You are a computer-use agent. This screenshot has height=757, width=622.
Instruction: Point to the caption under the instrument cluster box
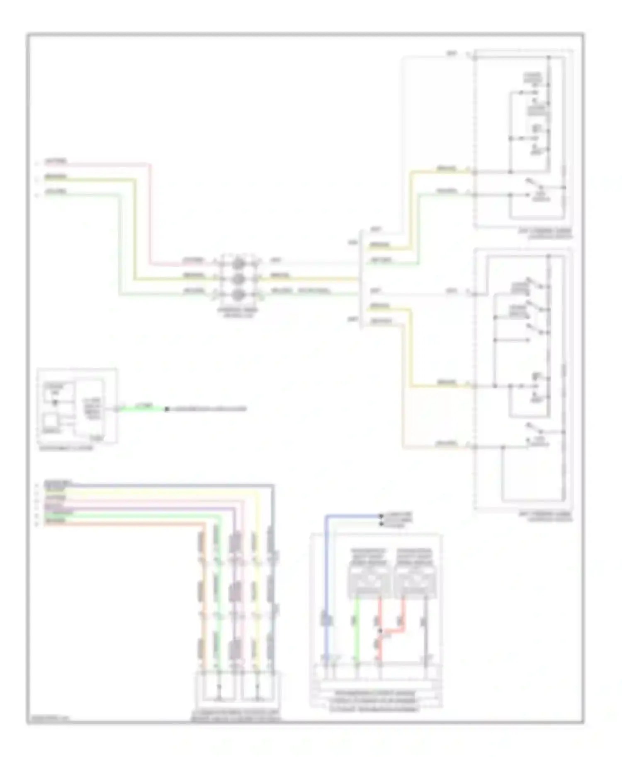pyautogui.click(x=66, y=448)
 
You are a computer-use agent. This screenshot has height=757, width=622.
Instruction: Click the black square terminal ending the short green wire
pyautogui.click(x=167, y=409)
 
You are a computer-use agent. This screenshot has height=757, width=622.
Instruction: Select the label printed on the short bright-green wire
pyautogui.click(x=146, y=405)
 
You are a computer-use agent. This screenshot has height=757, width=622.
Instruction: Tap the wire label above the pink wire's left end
pyautogui.click(x=56, y=161)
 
